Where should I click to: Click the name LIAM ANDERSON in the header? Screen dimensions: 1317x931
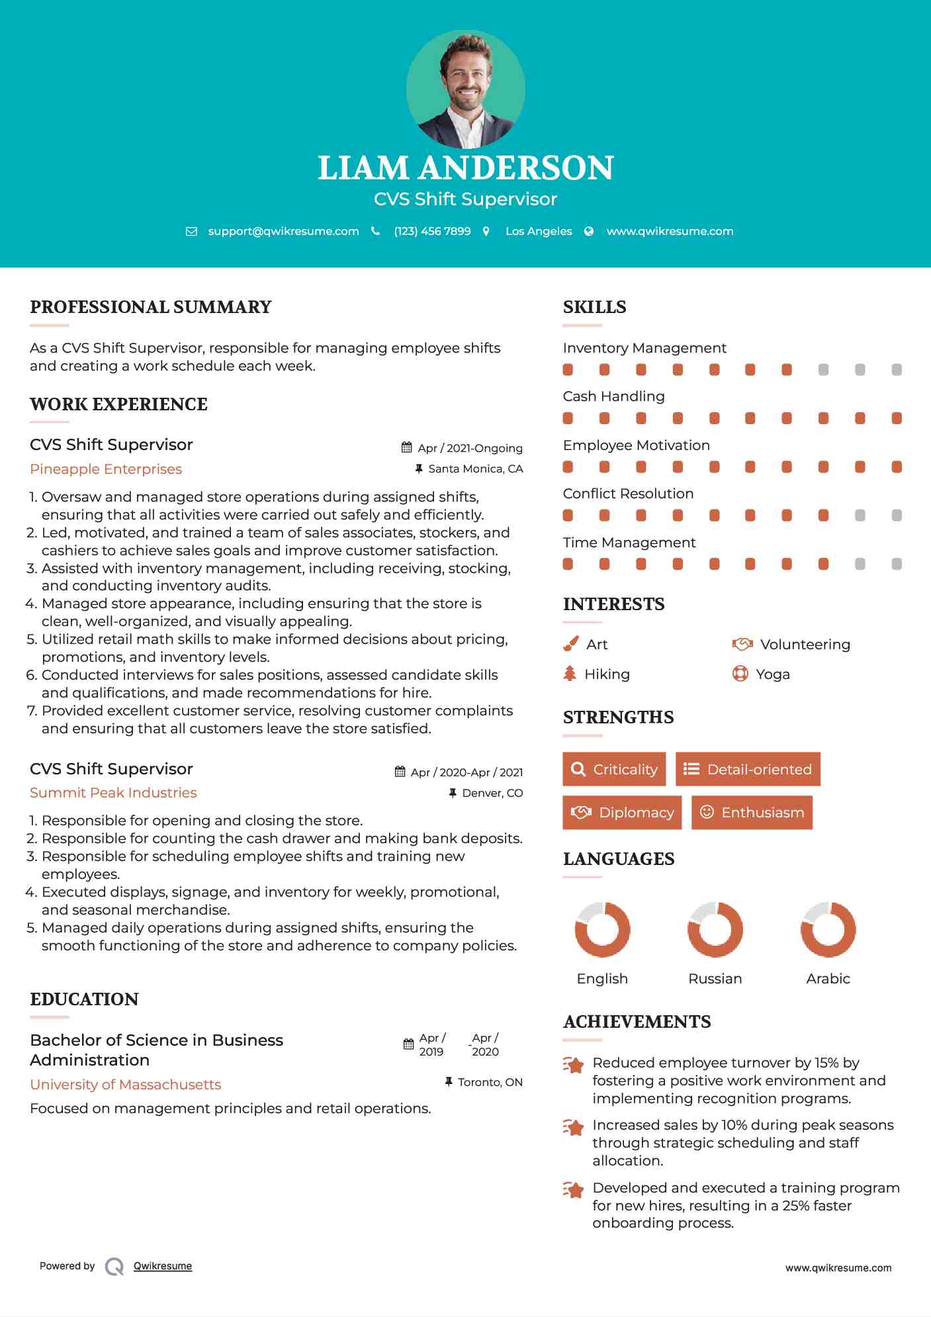(465, 167)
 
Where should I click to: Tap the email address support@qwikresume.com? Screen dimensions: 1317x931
(283, 231)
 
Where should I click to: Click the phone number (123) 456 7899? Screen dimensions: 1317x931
(432, 231)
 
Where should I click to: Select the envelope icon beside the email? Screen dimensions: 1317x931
(191, 232)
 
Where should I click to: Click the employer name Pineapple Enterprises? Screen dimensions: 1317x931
(106, 469)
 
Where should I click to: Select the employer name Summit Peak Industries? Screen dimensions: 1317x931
(113, 793)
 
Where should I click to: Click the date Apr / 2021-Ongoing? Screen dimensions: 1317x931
(470, 448)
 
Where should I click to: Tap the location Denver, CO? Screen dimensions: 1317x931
(492, 793)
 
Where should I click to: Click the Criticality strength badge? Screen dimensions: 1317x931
(614, 769)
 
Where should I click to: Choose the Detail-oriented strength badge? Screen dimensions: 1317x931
(748, 769)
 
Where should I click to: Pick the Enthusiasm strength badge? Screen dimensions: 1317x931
(752, 812)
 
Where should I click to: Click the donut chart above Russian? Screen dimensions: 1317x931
(715, 929)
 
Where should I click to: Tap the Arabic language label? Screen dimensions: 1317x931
(828, 978)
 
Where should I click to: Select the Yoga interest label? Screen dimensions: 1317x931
(773, 674)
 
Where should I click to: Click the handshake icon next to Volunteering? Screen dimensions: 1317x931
(742, 644)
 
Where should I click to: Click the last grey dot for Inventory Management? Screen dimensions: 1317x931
(897, 369)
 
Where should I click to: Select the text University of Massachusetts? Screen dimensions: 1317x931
(126, 1085)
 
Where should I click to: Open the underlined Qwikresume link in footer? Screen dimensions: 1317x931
(163, 1266)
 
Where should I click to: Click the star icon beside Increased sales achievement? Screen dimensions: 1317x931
(574, 1127)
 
